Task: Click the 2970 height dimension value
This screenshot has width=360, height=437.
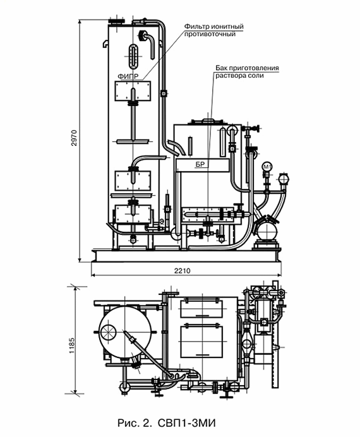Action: (74, 137)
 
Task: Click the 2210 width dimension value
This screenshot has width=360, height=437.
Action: (183, 271)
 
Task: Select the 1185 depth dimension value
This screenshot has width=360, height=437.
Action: (71, 345)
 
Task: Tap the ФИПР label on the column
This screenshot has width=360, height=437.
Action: (128, 76)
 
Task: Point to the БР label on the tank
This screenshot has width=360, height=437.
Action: (200, 164)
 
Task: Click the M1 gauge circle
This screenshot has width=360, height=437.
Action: (268, 167)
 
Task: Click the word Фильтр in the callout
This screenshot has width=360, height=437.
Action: (196, 27)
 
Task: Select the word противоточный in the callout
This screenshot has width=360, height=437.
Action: (210, 34)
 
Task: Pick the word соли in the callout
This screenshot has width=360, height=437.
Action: (256, 76)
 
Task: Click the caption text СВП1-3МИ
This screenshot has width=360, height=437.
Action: (187, 422)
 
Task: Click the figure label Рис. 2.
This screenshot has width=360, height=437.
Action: (134, 422)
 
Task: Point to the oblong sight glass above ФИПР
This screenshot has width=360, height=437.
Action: (133, 56)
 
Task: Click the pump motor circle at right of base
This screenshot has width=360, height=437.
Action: (267, 231)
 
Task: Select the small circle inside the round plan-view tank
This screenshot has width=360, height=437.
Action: (108, 333)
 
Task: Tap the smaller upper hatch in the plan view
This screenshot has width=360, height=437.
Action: (201, 308)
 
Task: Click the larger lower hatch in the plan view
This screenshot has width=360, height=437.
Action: (201, 342)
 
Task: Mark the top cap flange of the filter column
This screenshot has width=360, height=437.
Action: (116, 21)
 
